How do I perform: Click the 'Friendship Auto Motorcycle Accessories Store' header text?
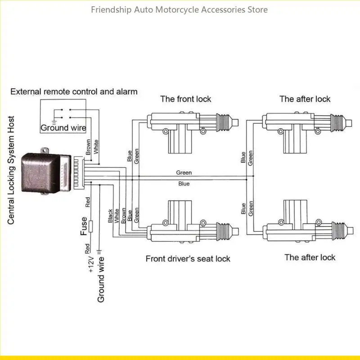click(x=179, y=10)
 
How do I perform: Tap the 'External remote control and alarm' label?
click(x=74, y=92)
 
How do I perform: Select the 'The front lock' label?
click(x=185, y=99)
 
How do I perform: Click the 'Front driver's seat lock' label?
click(x=188, y=259)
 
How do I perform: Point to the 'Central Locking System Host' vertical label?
click(x=11, y=170)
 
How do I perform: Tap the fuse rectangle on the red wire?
click(x=91, y=226)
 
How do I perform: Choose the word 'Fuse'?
click(x=84, y=226)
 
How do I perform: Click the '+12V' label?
click(x=91, y=265)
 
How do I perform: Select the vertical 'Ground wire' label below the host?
click(x=101, y=279)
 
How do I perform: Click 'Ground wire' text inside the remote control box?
click(x=63, y=128)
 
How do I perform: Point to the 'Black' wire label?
click(x=110, y=216)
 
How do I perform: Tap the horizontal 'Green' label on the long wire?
click(x=184, y=172)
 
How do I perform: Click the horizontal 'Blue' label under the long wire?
click(x=184, y=184)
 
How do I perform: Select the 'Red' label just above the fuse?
click(x=88, y=202)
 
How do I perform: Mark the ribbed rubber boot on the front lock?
click(x=223, y=122)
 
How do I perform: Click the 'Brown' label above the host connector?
click(x=88, y=147)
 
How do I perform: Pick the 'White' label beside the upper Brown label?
click(x=96, y=147)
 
